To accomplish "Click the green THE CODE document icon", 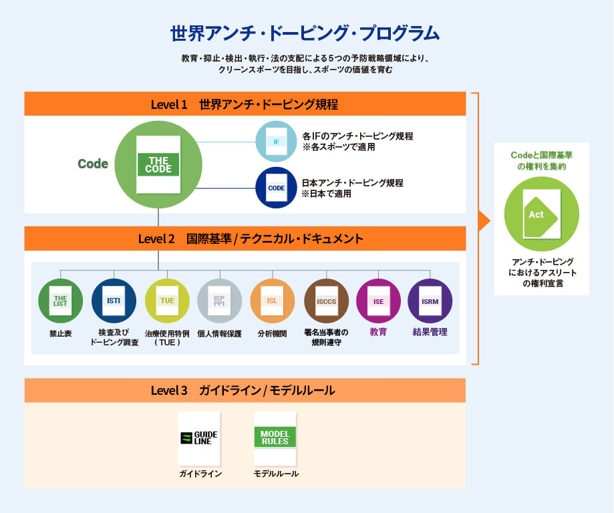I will tap(158, 164).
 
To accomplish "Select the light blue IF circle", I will tap(276, 142).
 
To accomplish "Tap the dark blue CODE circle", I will tap(276, 188).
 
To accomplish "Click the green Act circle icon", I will tap(541, 214).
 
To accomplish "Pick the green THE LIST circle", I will tap(60, 301).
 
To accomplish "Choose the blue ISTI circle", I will tap(114, 301).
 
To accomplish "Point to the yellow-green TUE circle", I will tap(167, 301).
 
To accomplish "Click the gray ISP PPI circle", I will tap(219, 301).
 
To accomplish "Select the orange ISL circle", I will tap(272, 301).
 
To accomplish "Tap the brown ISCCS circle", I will tap(326, 301).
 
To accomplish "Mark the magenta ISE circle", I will tap(378, 301).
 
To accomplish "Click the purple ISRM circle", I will tap(430, 301).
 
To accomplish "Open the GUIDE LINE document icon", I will tap(199, 438).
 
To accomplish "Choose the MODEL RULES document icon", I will tap(275, 438).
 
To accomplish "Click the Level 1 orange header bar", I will tap(245, 104).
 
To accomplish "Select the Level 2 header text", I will tap(251, 238).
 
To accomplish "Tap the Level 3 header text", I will tap(243, 390).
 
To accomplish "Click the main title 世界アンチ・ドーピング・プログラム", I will tap(305, 33).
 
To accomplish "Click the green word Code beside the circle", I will tap(93, 164).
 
